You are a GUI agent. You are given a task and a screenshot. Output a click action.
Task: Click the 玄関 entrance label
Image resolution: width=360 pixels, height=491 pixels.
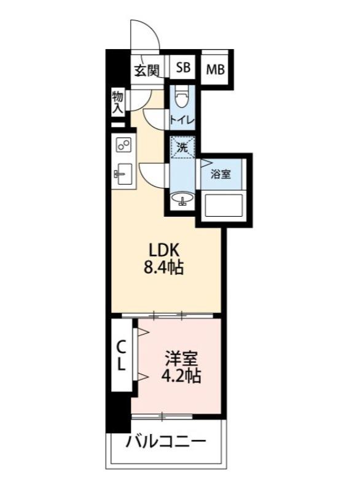147,70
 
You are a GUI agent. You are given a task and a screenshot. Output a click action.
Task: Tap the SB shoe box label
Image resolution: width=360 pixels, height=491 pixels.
184,68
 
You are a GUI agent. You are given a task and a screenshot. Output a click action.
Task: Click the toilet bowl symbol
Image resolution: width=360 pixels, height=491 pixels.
182,99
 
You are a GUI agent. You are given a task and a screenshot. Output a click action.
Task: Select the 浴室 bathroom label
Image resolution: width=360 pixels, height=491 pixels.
221,174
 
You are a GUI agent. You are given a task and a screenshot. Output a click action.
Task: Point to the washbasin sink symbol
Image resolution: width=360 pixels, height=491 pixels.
182,199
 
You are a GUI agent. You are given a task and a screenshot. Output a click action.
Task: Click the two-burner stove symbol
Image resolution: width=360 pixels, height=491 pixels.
123,145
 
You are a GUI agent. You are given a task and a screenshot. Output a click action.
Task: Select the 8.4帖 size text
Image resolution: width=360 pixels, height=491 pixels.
164,269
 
